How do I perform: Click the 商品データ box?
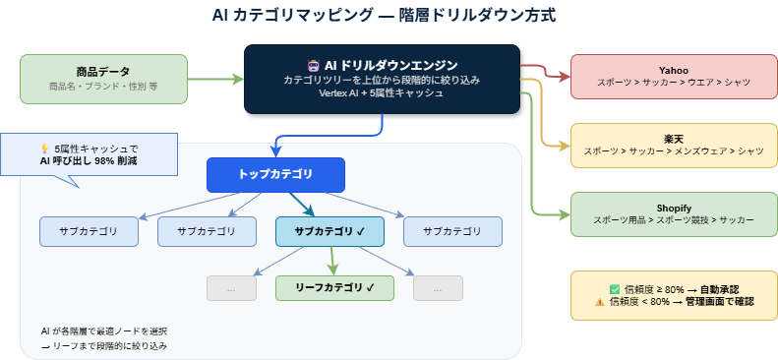click(103, 79)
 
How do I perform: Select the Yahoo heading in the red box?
click(673, 71)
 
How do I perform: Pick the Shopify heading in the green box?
click(673, 208)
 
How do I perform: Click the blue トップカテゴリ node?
click(275, 174)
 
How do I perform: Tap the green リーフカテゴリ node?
click(334, 287)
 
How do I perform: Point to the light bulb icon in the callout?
click(45, 148)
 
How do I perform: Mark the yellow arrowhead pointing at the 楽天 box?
click(564, 145)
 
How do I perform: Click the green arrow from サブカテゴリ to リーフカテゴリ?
click(332, 261)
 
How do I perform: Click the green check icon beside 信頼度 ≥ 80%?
click(615, 289)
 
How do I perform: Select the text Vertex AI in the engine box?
click(341, 93)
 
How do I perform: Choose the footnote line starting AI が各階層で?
click(104, 330)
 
